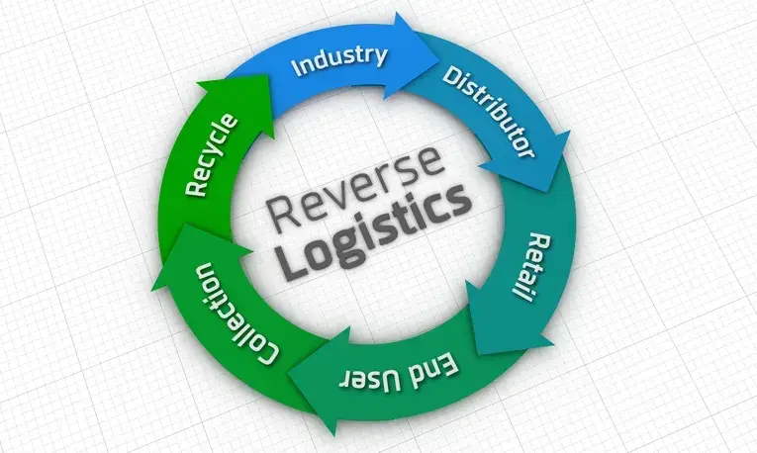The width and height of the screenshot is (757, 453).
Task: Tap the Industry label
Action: click(x=338, y=59)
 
